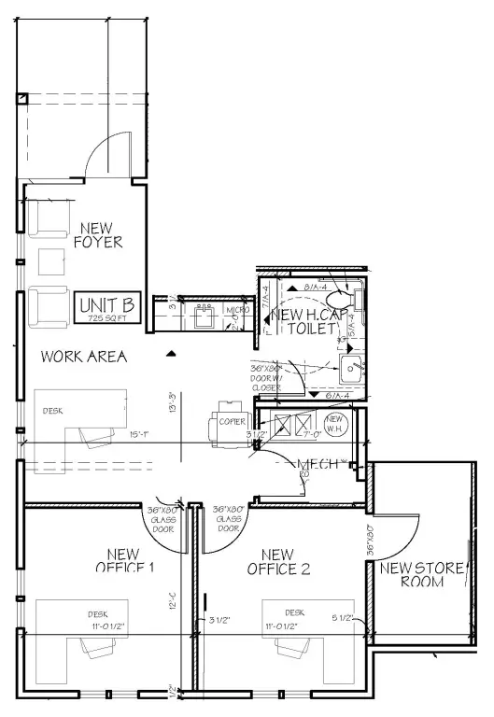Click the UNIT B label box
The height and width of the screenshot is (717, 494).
107,306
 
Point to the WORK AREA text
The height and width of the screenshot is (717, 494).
84,356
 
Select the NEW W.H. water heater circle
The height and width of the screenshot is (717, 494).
337,424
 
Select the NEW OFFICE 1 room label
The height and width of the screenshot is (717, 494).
124,560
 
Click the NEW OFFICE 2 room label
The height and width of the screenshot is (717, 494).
278,561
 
